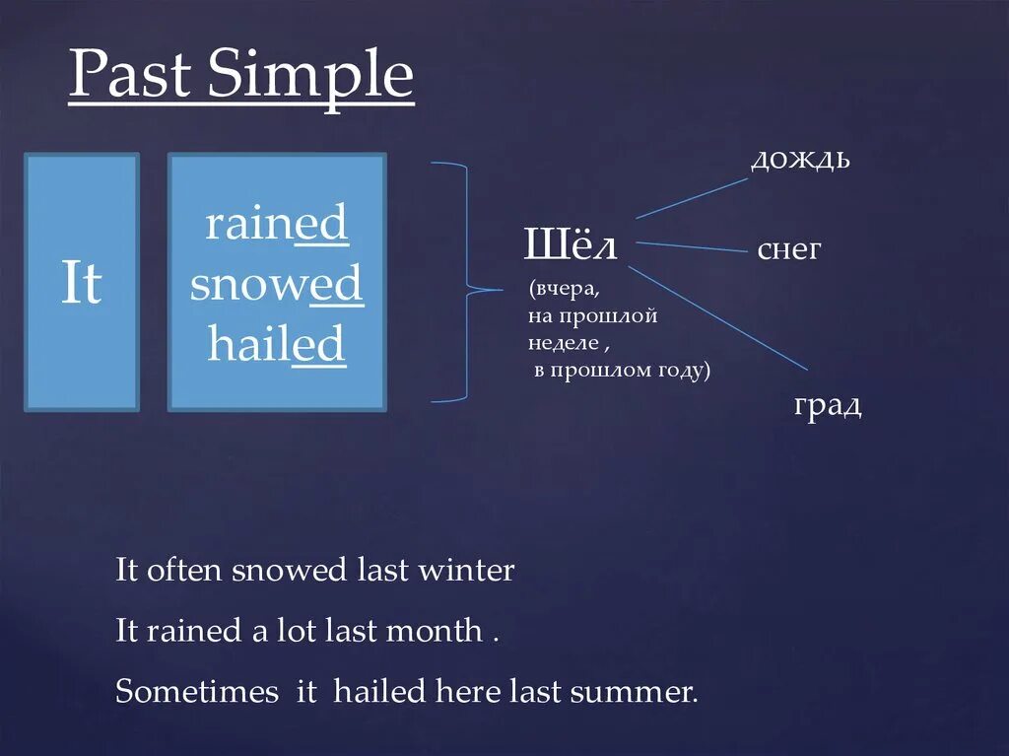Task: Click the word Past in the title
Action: pos(129,77)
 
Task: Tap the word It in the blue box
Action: pos(82,284)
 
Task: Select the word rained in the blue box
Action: pos(276,225)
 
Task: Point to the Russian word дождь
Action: pos(800,159)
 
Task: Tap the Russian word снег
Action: pos(788,249)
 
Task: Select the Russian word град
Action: pos(828,405)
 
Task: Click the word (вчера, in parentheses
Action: pos(564,292)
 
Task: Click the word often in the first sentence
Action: pos(185,570)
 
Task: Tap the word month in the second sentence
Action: pos(435,631)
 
